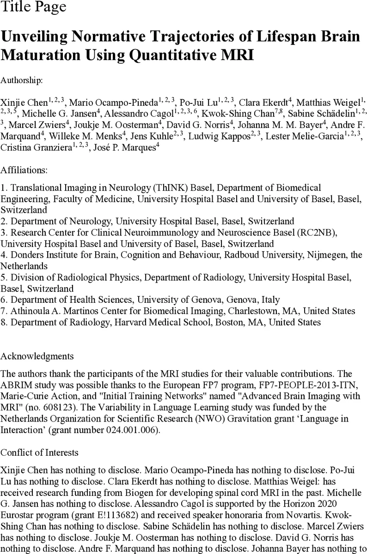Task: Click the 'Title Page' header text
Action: point(33,7)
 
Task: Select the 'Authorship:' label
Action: point(22,81)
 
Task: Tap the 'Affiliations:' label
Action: point(24,170)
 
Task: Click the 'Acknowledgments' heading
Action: point(37,356)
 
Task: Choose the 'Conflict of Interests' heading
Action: point(40,453)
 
